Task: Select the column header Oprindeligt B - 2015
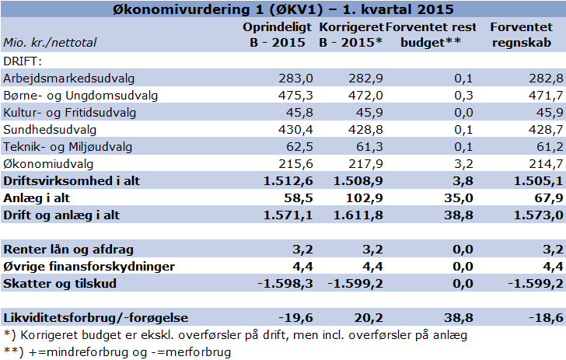[278, 35]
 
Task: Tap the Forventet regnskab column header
[521, 35]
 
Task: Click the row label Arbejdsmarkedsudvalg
[69, 79]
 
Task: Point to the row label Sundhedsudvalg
[50, 130]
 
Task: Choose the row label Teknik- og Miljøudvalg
[68, 147]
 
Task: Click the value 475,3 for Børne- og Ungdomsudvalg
[295, 96]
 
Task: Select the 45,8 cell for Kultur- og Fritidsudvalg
[299, 113]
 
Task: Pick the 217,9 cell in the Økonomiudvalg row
[365, 164]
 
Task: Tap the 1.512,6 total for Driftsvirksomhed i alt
[288, 181]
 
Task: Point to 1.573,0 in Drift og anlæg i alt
[538, 215]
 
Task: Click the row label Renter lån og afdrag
[68, 250]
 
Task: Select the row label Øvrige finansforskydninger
[89, 267]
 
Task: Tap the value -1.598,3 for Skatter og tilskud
[285, 284]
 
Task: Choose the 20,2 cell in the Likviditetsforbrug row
[369, 318]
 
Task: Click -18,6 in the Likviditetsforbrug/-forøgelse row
[546, 318]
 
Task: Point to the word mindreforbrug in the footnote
[88, 352]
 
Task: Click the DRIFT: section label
[23, 61]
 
